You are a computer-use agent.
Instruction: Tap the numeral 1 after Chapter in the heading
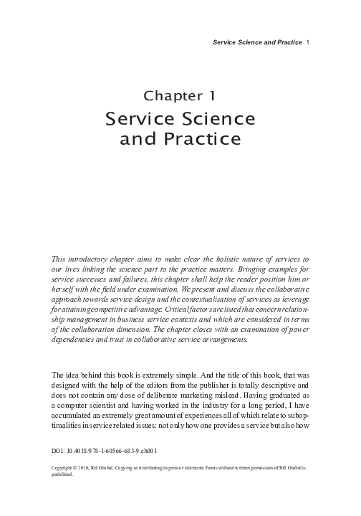[213, 95]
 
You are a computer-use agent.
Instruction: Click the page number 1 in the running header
[307, 42]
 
